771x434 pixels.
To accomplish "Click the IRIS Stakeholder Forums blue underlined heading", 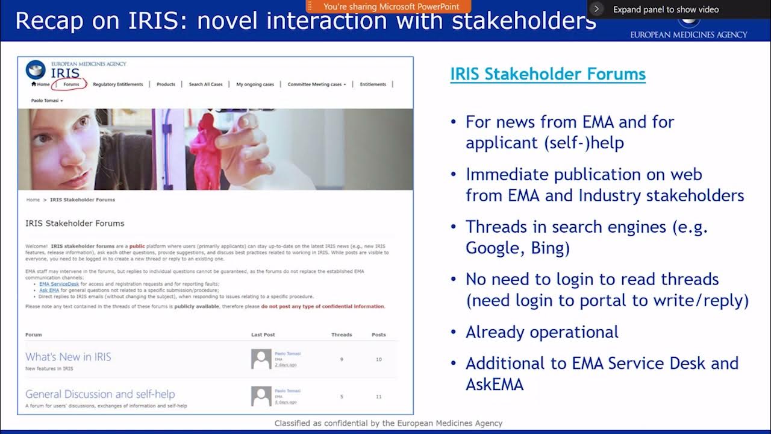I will [548, 74].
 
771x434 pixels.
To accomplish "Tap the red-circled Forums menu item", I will [71, 84].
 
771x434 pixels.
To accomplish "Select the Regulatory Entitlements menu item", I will [118, 84].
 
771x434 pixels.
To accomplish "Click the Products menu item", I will [166, 84].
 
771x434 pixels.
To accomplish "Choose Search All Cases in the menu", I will [205, 84].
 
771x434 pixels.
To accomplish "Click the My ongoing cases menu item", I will [255, 84].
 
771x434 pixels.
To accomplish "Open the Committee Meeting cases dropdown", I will [316, 84].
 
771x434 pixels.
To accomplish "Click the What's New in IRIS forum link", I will [68, 357].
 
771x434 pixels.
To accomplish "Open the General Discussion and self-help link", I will [100, 394].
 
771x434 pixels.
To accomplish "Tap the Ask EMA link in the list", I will [49, 290].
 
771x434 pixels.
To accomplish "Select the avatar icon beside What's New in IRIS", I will [261, 359].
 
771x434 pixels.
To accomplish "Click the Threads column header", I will [341, 335].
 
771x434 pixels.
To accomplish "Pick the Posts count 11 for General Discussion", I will [378, 397].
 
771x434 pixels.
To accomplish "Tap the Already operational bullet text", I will [542, 332].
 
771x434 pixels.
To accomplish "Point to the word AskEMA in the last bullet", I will [494, 385].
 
